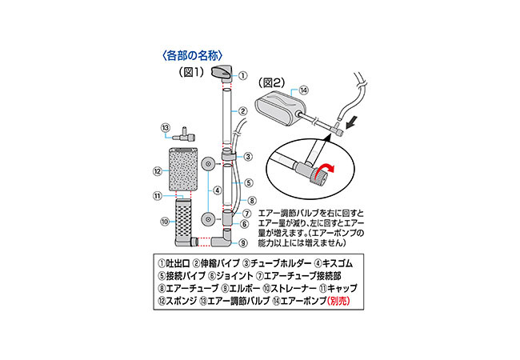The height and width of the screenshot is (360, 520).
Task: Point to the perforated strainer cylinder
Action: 182,221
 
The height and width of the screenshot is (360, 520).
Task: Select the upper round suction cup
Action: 206,163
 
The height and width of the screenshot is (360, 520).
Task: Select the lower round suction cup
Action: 206,218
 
